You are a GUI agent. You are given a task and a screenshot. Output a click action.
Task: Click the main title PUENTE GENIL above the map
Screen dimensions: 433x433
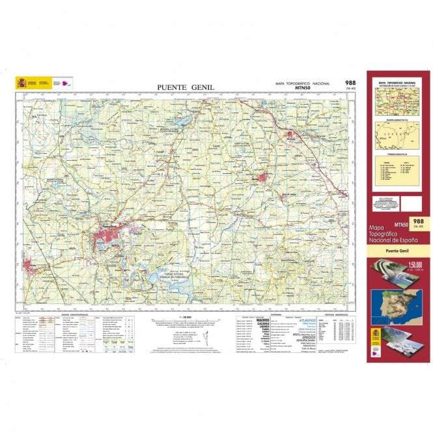coord(185,87)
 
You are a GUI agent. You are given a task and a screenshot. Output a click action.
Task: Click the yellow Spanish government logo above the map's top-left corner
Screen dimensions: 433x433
coord(27,83)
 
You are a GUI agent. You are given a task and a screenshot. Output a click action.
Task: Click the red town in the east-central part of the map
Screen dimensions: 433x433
coord(263,176)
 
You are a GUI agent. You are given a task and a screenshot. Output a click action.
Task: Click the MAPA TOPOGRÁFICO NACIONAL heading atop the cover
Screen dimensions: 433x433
coord(398,83)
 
